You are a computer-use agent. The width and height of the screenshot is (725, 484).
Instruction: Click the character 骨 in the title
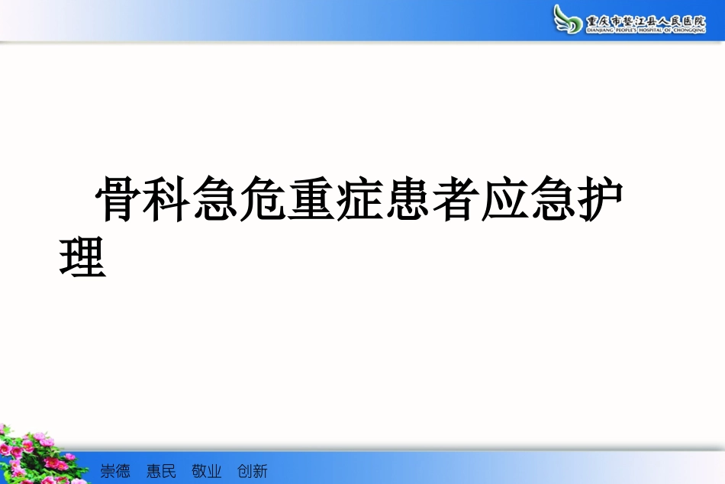pyautogui.click(x=118, y=201)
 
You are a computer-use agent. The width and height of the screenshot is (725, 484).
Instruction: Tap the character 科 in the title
pyautogui.click(x=166, y=201)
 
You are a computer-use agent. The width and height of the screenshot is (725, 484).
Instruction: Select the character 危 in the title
pyautogui.click(x=263, y=201)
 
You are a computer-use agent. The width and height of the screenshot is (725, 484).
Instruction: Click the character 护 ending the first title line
pyautogui.click(x=600, y=201)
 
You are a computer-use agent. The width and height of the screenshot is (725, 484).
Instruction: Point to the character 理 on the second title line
pyautogui.click(x=82, y=257)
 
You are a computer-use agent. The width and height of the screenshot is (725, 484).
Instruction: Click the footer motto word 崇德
pyautogui.click(x=115, y=471)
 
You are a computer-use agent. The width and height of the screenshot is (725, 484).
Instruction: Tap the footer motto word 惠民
pyautogui.click(x=161, y=471)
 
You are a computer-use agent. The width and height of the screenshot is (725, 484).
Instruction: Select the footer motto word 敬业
pyautogui.click(x=207, y=471)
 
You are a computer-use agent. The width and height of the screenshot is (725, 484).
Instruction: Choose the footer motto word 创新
pyautogui.click(x=253, y=471)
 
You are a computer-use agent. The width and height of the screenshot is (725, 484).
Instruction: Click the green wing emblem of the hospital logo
pyautogui.click(x=569, y=18)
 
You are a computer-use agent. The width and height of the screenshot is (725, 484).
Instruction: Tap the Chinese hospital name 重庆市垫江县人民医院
pyautogui.click(x=646, y=18)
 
